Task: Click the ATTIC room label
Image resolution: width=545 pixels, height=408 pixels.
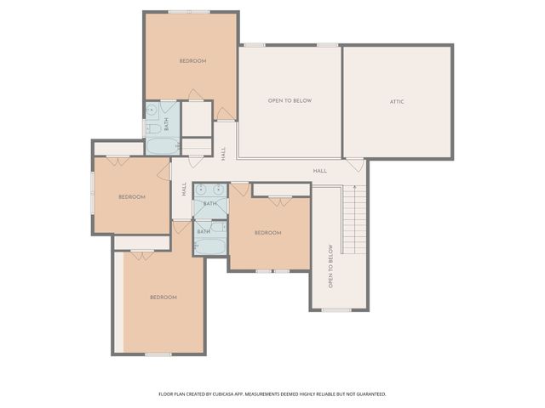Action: (x=397, y=102)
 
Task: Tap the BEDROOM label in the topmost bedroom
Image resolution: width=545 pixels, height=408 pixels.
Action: (x=192, y=61)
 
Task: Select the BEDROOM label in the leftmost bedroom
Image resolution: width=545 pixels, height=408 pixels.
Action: (x=131, y=197)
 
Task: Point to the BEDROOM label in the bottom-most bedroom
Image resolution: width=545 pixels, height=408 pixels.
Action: (x=163, y=297)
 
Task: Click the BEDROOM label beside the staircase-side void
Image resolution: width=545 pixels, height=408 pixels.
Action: (x=267, y=233)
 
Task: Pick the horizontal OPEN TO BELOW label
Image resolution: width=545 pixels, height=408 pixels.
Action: (x=290, y=101)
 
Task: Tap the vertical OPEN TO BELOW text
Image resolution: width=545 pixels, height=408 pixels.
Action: (x=330, y=265)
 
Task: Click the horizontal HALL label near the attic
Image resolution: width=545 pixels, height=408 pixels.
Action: (x=319, y=171)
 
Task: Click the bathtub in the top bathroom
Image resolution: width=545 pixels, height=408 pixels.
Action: (x=161, y=146)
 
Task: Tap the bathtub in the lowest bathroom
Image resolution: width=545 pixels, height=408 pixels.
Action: (x=209, y=246)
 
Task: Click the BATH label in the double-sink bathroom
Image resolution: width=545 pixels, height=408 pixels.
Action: (x=209, y=204)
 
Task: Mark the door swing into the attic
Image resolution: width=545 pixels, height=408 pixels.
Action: (x=353, y=164)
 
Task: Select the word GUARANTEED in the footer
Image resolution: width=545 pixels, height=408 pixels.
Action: (x=368, y=394)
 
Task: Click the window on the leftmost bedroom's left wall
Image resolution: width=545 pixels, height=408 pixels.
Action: (x=93, y=195)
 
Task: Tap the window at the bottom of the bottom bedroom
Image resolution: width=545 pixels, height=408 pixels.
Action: (x=158, y=354)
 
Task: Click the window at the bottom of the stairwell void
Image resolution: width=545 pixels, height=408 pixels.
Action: (x=336, y=309)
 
